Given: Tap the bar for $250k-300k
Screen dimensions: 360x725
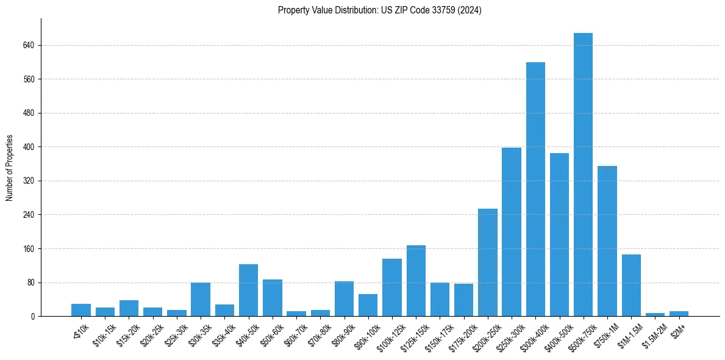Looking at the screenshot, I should [x=512, y=232].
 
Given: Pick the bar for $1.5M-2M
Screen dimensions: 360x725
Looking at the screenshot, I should [x=655, y=314].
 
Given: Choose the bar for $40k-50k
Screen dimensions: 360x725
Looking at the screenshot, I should [x=248, y=290].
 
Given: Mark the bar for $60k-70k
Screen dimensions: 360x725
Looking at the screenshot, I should [x=296, y=314].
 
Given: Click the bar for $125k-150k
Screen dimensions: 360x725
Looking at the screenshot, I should [x=416, y=281].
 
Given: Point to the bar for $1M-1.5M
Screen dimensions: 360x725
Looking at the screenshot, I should [x=631, y=286].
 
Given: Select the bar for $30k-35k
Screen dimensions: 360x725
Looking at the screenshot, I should [x=201, y=300].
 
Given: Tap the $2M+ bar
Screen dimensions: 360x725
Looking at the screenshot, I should [x=679, y=314].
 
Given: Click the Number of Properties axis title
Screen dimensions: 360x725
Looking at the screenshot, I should [x=9, y=168].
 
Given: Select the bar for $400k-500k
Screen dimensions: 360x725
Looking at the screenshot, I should [x=559, y=235].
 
